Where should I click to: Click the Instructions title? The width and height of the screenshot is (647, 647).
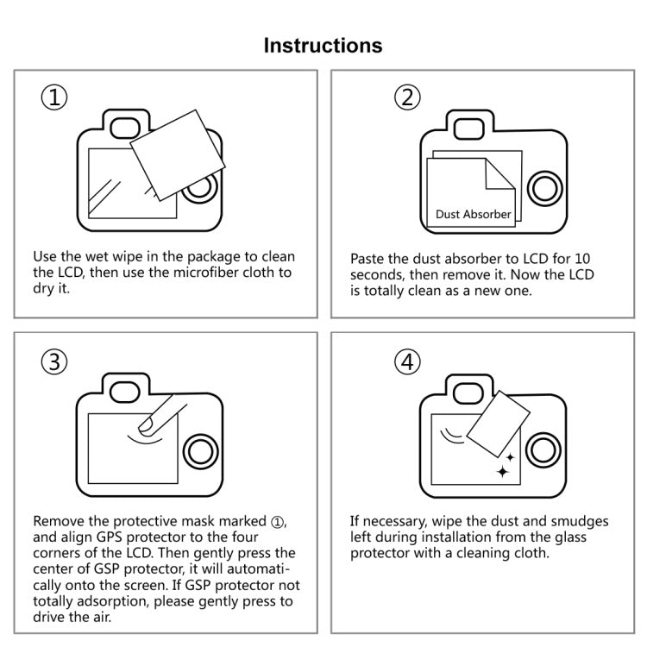click(323, 45)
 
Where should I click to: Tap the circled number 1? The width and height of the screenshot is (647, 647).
click(55, 97)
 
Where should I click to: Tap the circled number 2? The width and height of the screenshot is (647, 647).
click(407, 97)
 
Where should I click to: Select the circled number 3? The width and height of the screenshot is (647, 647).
click(55, 362)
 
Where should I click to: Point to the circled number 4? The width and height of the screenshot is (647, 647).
click(407, 362)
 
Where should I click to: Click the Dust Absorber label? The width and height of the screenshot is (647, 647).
click(473, 214)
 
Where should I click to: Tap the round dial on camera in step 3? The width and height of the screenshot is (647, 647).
click(200, 449)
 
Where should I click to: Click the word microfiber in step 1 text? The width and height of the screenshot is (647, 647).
click(216, 273)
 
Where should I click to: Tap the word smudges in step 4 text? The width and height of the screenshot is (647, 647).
click(578, 521)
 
